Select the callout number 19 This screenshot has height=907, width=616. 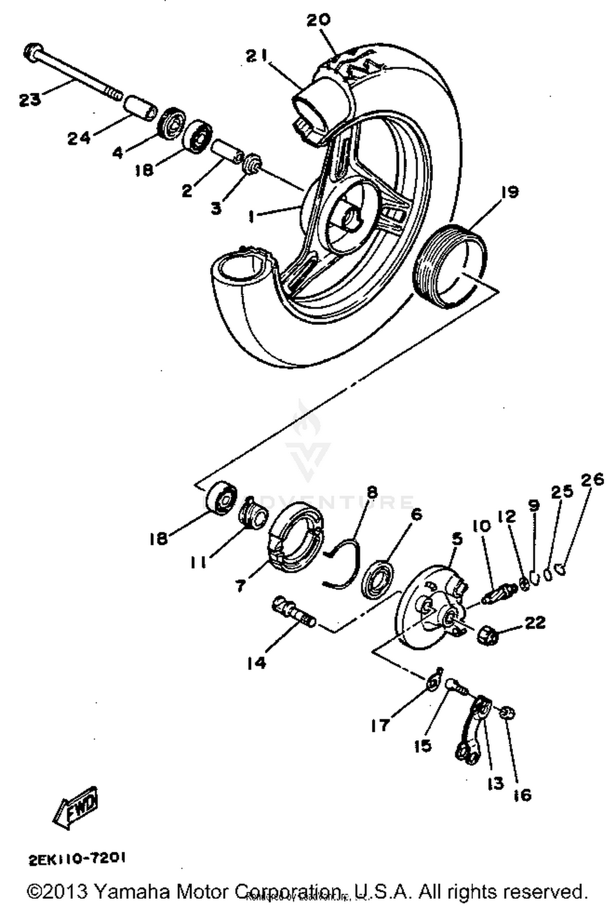[510, 192]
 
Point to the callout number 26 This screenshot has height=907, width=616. [592, 480]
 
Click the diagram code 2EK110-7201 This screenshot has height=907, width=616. [77, 859]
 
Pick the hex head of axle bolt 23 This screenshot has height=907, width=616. [32, 52]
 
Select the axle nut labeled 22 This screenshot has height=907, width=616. [487, 636]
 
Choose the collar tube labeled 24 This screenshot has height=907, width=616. [140, 108]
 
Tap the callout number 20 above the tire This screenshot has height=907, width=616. [318, 20]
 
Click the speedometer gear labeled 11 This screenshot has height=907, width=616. [253, 514]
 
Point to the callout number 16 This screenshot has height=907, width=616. [522, 795]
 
